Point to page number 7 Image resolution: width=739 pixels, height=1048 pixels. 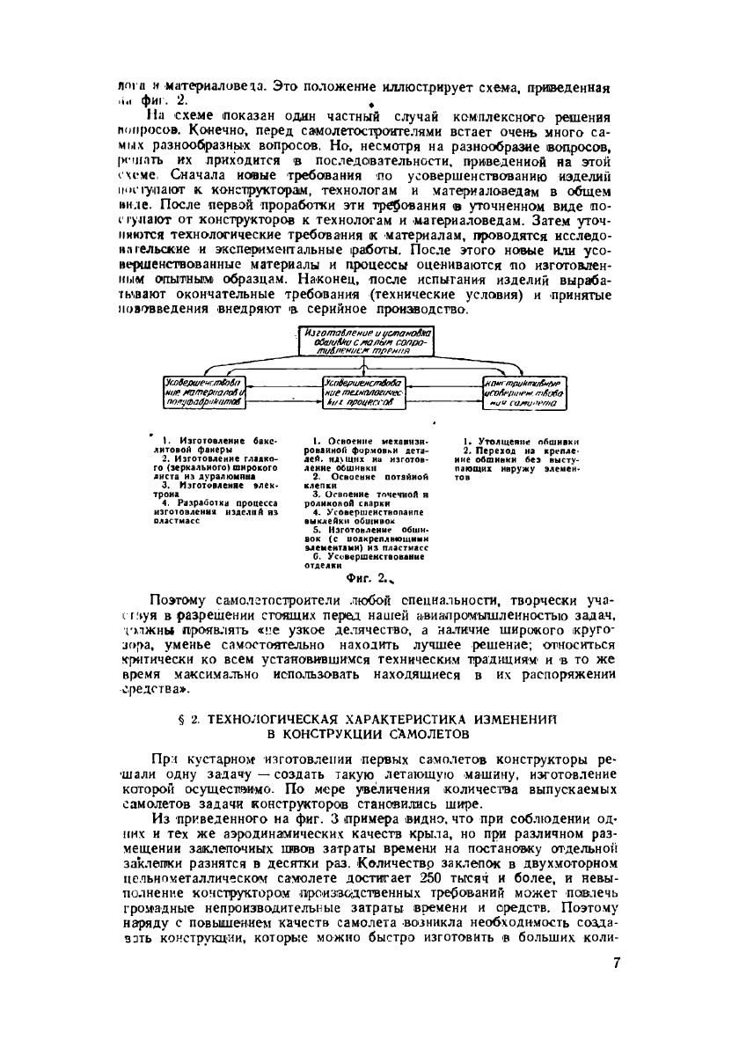click(616, 963)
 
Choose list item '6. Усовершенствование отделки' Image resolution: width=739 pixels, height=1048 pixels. click(364, 561)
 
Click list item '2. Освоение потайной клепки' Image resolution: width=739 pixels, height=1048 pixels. click(364, 480)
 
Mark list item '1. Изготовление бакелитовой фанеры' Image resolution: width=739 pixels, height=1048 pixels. click(204, 443)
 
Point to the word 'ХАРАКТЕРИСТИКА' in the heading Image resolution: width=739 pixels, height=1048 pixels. click(391, 720)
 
